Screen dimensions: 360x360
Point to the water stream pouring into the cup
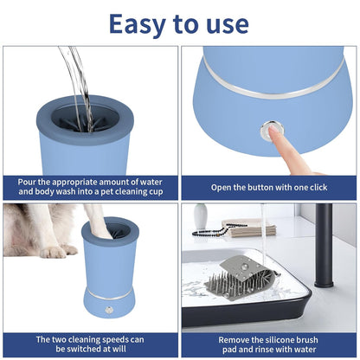(x=78, y=78)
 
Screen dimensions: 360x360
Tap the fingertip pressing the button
(x=275, y=132)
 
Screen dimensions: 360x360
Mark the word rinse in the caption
(x=265, y=350)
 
